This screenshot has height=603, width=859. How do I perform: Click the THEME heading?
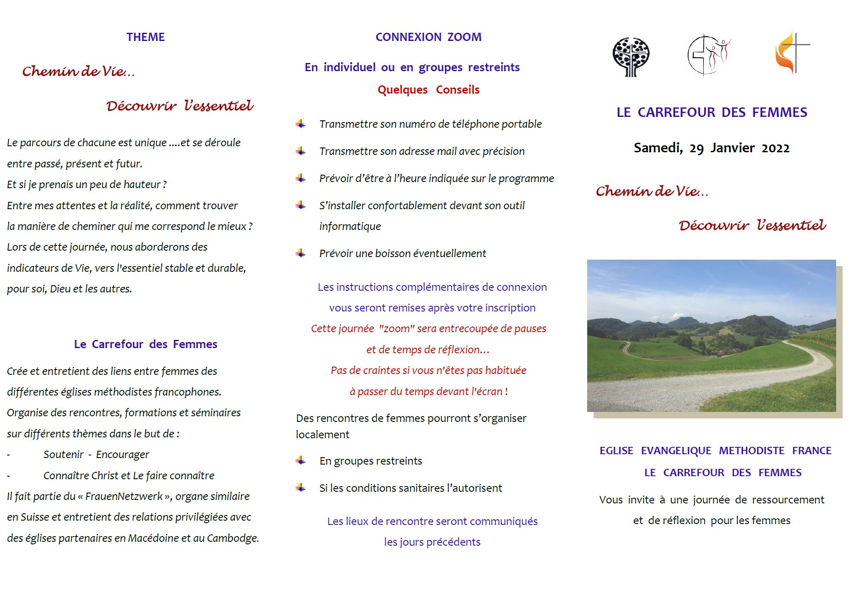145,37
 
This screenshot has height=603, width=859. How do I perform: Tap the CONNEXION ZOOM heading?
428,37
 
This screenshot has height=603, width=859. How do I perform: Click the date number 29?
696,148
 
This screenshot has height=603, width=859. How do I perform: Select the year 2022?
775,148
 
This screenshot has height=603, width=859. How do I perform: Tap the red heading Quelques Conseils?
428,90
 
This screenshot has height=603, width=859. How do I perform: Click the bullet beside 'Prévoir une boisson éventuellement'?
301,253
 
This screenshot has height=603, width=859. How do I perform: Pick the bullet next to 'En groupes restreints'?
301,461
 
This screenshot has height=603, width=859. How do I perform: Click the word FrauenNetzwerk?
124,496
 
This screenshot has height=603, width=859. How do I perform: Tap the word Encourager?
122,455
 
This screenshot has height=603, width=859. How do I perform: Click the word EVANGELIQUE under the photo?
676,451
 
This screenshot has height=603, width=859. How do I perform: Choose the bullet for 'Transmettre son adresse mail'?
301,151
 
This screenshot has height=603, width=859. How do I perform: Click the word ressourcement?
788,500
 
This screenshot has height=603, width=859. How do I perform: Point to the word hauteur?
142,185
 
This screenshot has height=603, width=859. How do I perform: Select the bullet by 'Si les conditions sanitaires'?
301,488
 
